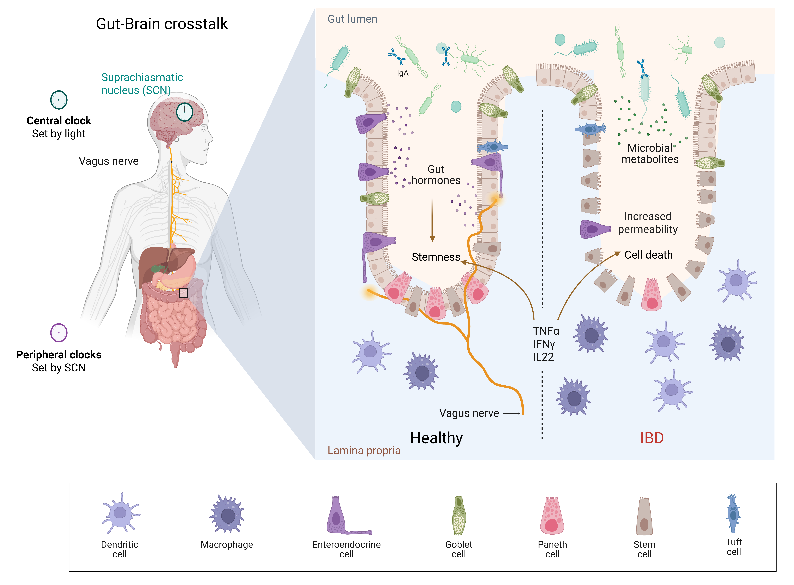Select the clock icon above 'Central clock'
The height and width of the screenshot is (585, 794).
pos(59,100)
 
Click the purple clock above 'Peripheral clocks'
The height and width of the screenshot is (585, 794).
pos(59,332)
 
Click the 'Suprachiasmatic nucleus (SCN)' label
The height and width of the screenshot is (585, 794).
pos(142,84)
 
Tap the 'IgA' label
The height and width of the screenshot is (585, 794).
pos(403,73)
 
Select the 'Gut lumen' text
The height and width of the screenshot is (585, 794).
pos(352,19)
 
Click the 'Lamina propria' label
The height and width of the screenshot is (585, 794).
pos(364,450)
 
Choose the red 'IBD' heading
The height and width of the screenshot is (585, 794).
pos(652,438)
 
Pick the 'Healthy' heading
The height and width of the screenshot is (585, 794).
pos(436,438)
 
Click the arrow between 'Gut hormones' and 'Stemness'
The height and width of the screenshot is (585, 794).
pos(432,220)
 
